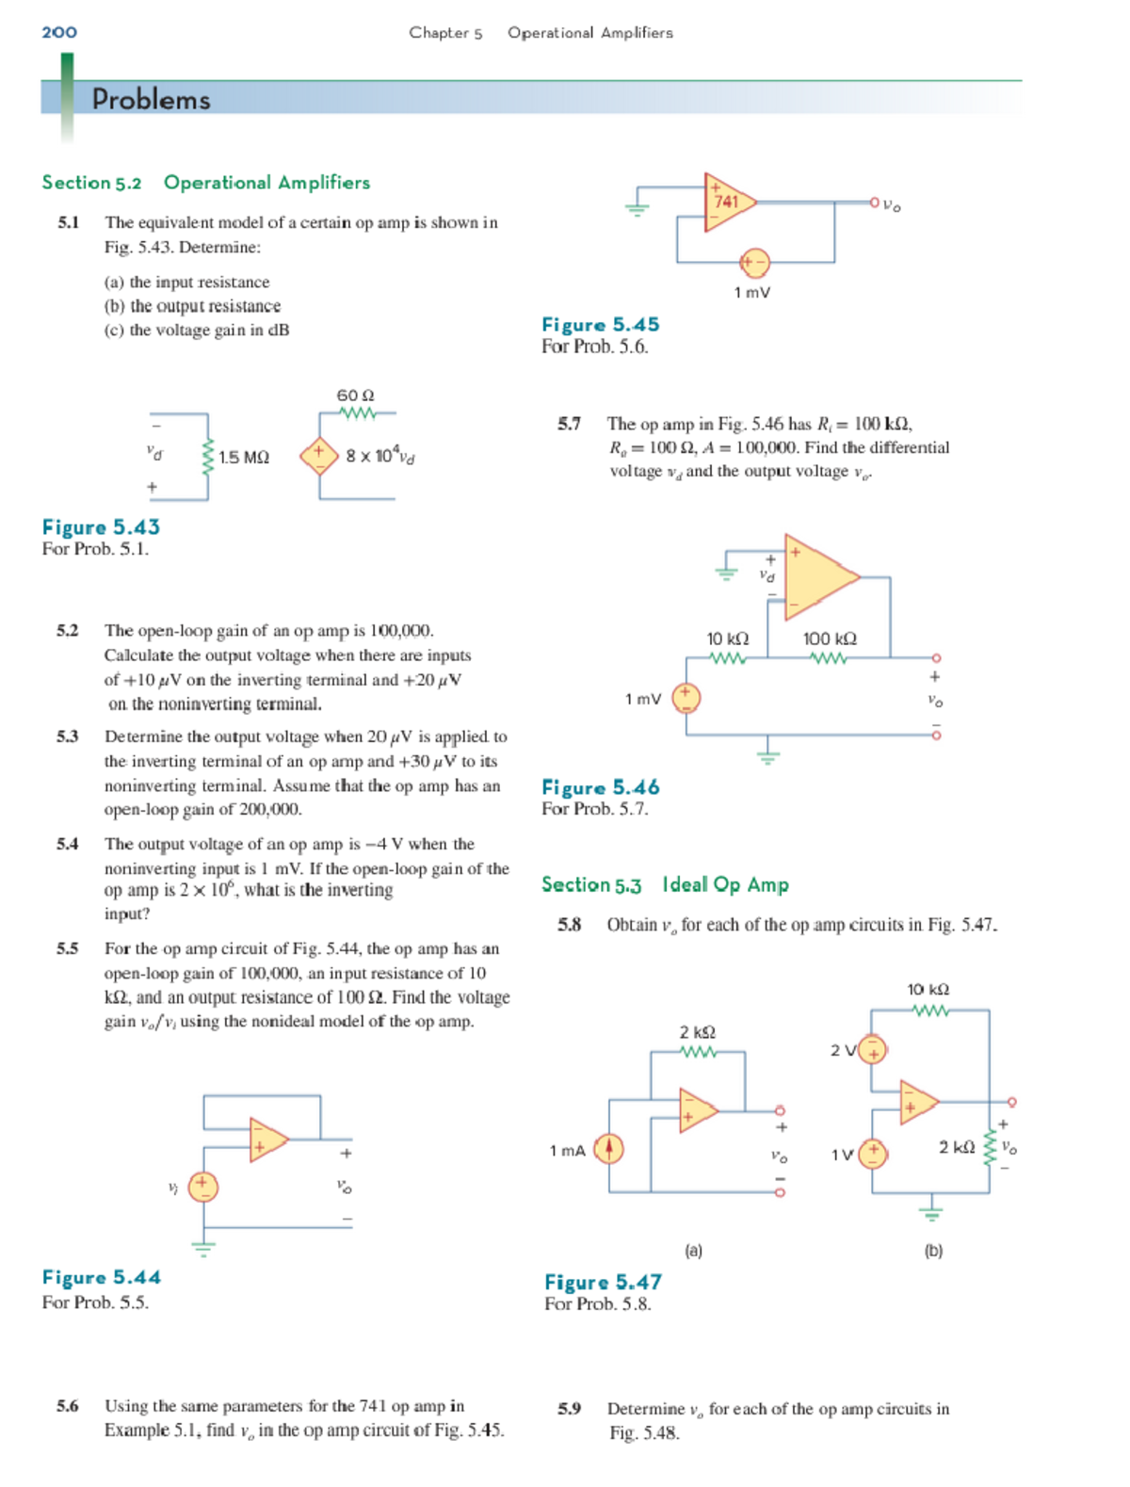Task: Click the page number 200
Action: coord(59,32)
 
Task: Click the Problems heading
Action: coord(151,100)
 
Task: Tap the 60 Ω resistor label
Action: coord(356,396)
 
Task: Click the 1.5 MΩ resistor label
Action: coord(244,457)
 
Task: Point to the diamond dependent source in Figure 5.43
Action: coord(318,456)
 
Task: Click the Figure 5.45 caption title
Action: coord(600,325)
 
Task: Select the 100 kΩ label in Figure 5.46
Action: coord(830,638)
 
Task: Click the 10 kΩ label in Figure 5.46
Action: coord(727,638)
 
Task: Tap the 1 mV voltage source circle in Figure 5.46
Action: coord(686,698)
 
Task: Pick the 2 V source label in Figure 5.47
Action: coord(842,1049)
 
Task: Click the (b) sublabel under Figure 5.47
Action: coord(933,1251)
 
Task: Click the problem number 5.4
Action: coord(67,844)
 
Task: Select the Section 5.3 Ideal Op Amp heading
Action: coord(665,884)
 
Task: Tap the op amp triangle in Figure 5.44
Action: coord(266,1140)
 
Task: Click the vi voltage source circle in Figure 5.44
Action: coord(202,1187)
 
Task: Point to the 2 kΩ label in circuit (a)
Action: coord(698,1032)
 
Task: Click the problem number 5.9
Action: coord(569,1409)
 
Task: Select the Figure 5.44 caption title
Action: coord(101,1278)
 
